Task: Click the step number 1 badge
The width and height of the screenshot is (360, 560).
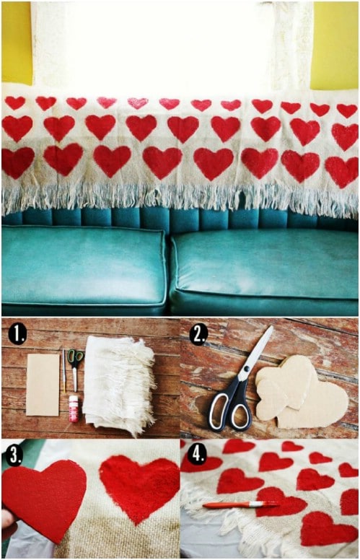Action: [x=17, y=334]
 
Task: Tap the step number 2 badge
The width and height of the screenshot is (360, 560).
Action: [x=198, y=334]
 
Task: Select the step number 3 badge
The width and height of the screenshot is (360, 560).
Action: [x=14, y=455]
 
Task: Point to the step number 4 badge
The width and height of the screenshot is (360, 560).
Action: [x=197, y=455]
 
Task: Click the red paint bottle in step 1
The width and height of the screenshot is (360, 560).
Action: [x=74, y=408]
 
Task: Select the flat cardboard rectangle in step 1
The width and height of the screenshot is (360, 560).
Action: [x=43, y=385]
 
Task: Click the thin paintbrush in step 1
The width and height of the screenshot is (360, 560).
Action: [x=64, y=371]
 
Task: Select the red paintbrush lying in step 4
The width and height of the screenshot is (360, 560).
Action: [x=241, y=504]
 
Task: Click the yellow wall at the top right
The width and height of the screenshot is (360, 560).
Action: [x=334, y=45]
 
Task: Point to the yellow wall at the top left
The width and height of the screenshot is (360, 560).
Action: [x=17, y=43]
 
